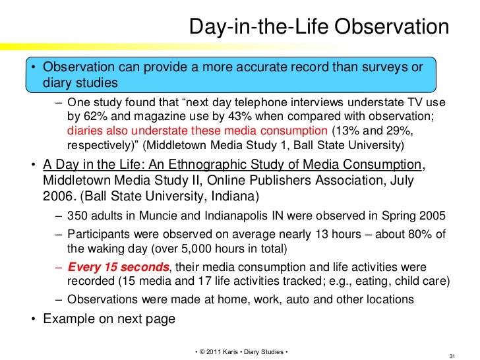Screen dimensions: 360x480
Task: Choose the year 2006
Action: tap(60, 196)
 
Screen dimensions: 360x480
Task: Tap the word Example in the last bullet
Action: tap(67, 319)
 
